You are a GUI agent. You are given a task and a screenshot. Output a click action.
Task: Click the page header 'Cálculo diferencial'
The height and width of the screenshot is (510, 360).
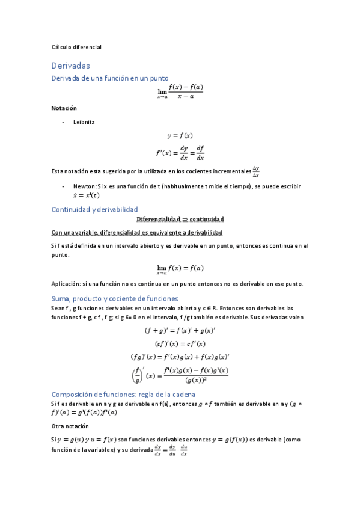coord(76,46)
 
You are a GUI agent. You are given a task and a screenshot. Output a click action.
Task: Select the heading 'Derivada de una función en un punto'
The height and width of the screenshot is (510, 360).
coord(109,78)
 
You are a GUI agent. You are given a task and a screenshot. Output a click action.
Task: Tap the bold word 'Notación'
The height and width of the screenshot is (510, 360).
coord(64,108)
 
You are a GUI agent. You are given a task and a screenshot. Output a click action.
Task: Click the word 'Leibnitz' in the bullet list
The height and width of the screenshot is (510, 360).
coord(84,122)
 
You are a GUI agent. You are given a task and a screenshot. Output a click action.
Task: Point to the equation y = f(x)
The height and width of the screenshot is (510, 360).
coord(180,135)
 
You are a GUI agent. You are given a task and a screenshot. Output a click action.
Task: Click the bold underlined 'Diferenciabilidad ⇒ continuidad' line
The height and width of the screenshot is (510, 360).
coord(180,220)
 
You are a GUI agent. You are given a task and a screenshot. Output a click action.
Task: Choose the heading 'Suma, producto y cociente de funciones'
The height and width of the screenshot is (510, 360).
coord(115,298)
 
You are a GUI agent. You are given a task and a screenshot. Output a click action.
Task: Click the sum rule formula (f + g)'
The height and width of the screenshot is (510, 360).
coord(180,330)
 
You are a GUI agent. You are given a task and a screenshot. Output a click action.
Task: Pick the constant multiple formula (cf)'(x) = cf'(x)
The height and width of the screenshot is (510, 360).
coord(180,343)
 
